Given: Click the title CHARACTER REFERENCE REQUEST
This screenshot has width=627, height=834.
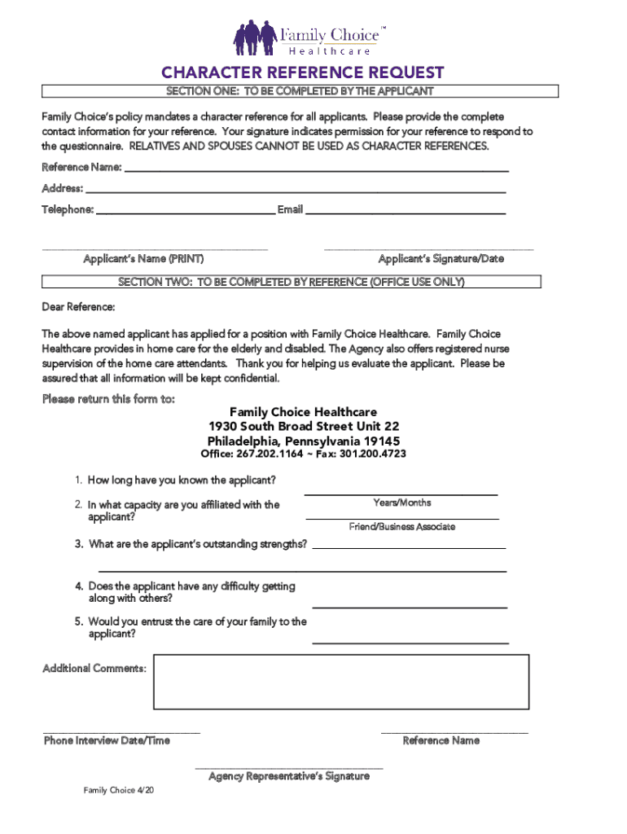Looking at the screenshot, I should (x=302, y=72).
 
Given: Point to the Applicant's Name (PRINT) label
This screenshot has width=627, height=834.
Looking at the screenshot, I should (x=143, y=259).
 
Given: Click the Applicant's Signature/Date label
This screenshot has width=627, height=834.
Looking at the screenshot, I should (x=441, y=259).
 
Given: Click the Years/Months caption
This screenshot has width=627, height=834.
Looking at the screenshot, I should (x=402, y=503).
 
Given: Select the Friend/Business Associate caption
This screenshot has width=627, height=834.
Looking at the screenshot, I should (x=402, y=527).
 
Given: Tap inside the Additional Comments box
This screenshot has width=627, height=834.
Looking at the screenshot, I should (x=341, y=682).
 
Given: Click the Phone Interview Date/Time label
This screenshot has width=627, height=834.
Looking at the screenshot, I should (x=107, y=740).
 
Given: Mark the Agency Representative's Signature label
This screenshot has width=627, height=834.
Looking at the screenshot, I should (x=289, y=776).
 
